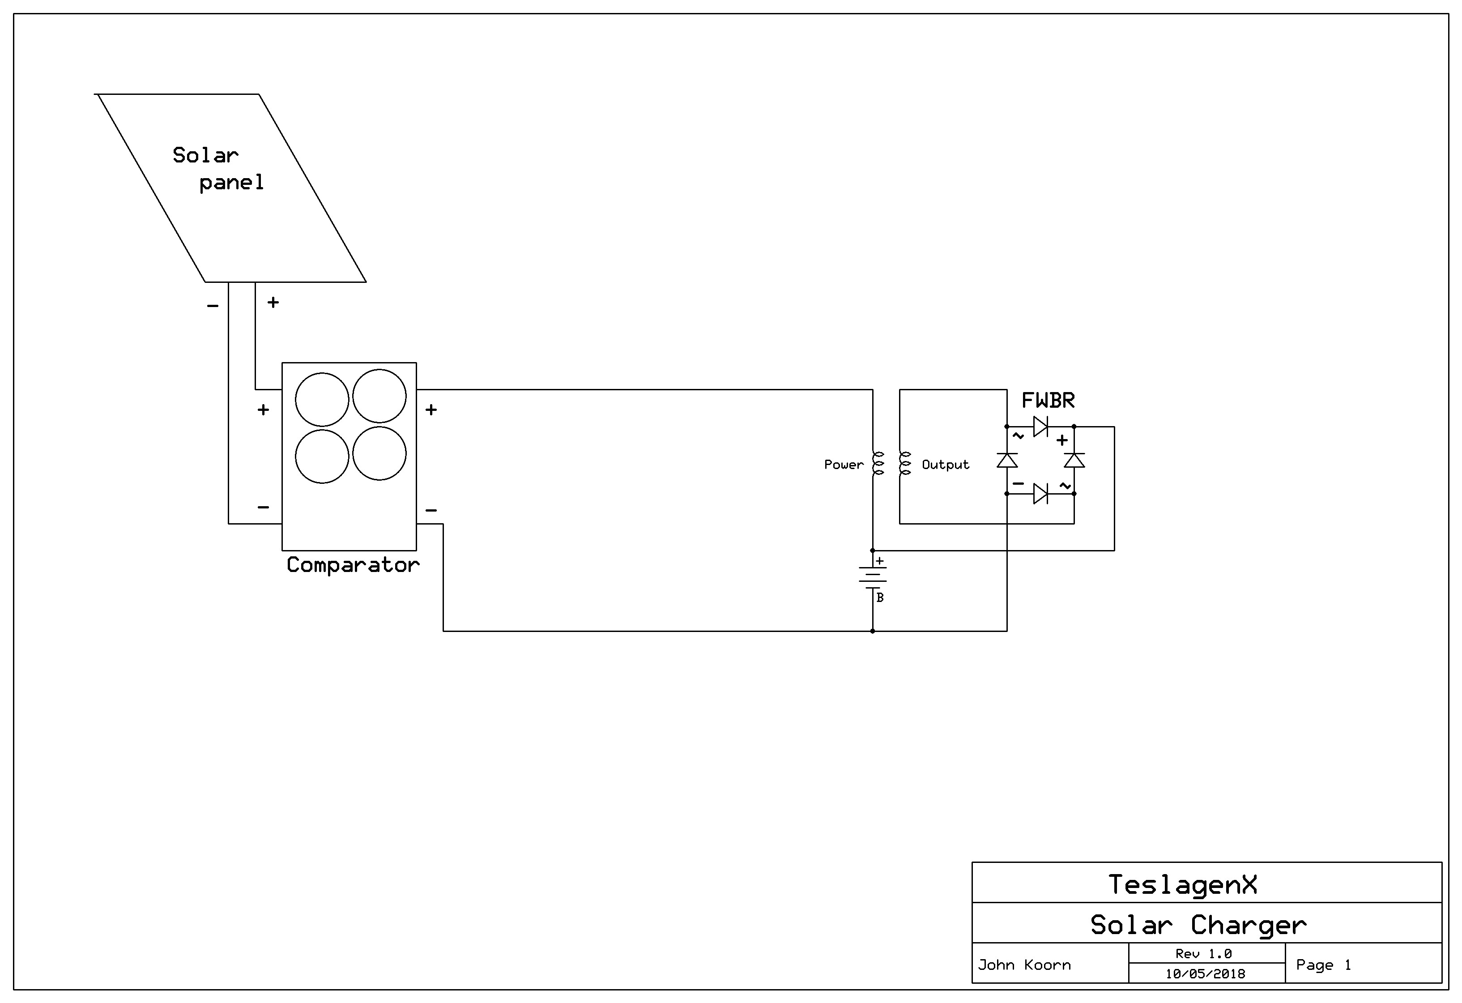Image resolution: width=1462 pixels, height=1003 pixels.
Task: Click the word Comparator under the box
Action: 353,565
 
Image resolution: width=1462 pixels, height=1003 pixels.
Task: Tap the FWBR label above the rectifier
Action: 1048,400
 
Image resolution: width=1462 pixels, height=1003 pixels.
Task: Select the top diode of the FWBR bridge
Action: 1040,427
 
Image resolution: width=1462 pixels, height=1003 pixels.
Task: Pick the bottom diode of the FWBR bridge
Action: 1040,494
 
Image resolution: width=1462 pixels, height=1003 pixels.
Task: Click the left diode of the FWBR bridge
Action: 1007,460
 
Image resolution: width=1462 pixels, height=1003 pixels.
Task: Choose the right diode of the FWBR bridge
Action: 1074,460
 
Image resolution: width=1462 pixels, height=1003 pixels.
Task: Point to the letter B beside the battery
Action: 880,598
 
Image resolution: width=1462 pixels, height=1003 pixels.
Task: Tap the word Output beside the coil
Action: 946,465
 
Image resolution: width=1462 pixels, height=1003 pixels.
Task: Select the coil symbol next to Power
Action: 878,463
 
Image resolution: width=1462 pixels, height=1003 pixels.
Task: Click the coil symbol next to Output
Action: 905,463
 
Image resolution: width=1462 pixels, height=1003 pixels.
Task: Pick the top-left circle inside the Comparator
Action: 322,400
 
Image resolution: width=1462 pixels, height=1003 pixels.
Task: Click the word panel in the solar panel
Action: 231,183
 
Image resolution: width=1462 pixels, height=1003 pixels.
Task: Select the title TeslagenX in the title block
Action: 1183,885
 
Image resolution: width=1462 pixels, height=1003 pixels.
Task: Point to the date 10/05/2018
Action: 1205,974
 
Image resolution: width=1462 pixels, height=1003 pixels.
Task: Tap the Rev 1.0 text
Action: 1203,954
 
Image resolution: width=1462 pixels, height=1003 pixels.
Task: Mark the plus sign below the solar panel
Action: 273,302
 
